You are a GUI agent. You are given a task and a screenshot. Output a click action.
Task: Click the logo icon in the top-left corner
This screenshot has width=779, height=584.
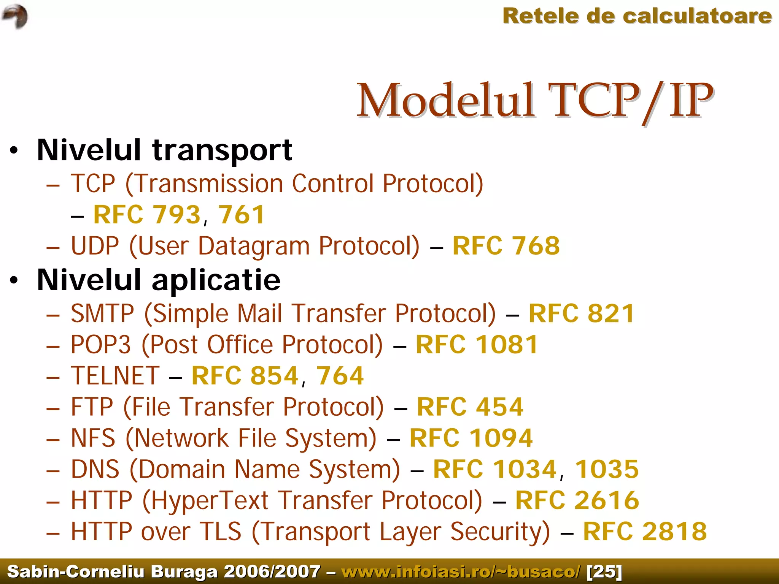pyautogui.click(x=15, y=16)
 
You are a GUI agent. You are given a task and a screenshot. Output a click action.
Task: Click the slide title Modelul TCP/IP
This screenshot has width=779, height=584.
pyautogui.click(x=534, y=101)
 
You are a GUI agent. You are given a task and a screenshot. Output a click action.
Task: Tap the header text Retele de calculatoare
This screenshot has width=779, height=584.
pyautogui.click(x=637, y=16)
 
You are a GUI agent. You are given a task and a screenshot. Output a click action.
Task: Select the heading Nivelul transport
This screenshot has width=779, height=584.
pyautogui.click(x=164, y=150)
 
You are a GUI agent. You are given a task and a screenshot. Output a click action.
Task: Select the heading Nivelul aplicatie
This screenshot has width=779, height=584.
pyautogui.click(x=159, y=280)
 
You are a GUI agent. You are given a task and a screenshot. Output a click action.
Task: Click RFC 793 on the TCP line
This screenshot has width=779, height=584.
pyautogui.click(x=147, y=215)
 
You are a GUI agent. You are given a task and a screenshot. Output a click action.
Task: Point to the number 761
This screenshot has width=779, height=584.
pyautogui.click(x=241, y=215)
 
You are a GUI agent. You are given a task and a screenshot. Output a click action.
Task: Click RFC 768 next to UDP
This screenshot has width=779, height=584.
pyautogui.click(x=506, y=246)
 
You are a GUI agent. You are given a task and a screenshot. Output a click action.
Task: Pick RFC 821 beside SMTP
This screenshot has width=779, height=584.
pyautogui.click(x=581, y=313)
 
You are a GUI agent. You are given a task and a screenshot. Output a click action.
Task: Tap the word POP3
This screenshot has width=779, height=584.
pyautogui.click(x=101, y=345)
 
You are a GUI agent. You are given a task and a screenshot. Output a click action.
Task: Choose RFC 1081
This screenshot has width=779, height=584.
pyautogui.click(x=477, y=345)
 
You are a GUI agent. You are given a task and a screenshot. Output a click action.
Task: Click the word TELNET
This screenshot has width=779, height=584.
pyautogui.click(x=115, y=376)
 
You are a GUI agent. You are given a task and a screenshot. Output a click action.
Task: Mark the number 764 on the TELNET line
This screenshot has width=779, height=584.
pyautogui.click(x=340, y=376)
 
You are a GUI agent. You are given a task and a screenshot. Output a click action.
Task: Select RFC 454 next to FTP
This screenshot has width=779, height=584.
pyautogui.click(x=470, y=407)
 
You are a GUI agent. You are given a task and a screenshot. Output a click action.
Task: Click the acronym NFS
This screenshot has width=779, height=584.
pyautogui.click(x=93, y=438)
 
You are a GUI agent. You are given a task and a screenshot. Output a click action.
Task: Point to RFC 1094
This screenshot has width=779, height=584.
pyautogui.click(x=471, y=438)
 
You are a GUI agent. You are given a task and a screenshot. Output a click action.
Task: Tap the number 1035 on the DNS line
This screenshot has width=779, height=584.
pyautogui.click(x=606, y=469)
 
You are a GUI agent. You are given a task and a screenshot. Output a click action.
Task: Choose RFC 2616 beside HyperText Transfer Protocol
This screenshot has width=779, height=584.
pyautogui.click(x=577, y=500)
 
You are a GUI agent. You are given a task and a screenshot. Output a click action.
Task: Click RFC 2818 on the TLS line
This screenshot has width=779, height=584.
pyautogui.click(x=645, y=532)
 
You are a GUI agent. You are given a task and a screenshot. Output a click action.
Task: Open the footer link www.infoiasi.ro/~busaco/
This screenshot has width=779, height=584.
pyautogui.click(x=461, y=571)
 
